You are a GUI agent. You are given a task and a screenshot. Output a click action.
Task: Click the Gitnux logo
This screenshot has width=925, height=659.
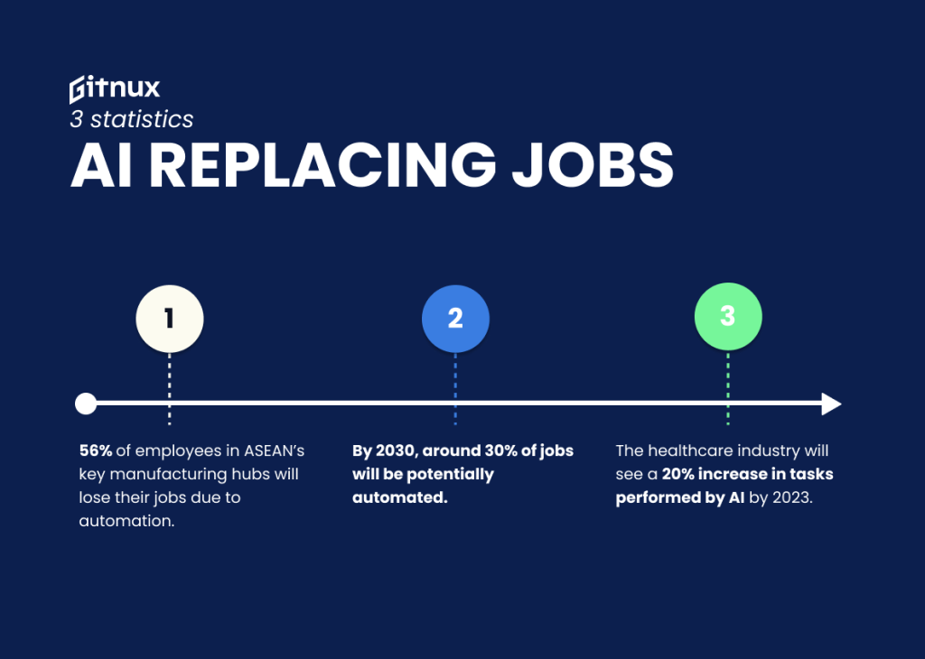tap(115, 88)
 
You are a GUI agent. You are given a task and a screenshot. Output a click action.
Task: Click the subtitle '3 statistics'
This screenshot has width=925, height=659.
tap(131, 118)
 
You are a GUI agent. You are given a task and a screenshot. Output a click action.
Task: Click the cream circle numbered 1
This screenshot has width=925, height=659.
tap(169, 318)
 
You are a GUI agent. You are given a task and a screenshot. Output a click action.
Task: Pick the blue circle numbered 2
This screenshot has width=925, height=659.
tap(455, 318)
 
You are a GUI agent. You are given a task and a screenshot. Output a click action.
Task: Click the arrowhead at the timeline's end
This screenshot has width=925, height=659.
tap(831, 404)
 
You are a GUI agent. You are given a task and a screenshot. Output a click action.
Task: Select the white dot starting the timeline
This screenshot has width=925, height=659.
tap(86, 404)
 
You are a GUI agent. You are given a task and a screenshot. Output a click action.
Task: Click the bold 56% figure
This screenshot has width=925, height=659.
tap(96, 450)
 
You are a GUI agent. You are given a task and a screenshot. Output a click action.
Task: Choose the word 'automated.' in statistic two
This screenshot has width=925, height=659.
tap(400, 497)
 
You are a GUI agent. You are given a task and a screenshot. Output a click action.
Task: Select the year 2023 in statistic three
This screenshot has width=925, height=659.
tap(791, 497)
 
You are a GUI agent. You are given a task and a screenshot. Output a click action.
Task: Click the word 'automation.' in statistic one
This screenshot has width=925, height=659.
tap(126, 521)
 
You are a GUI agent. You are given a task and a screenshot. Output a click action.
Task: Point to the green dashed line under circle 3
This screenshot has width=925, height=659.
tap(727, 388)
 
